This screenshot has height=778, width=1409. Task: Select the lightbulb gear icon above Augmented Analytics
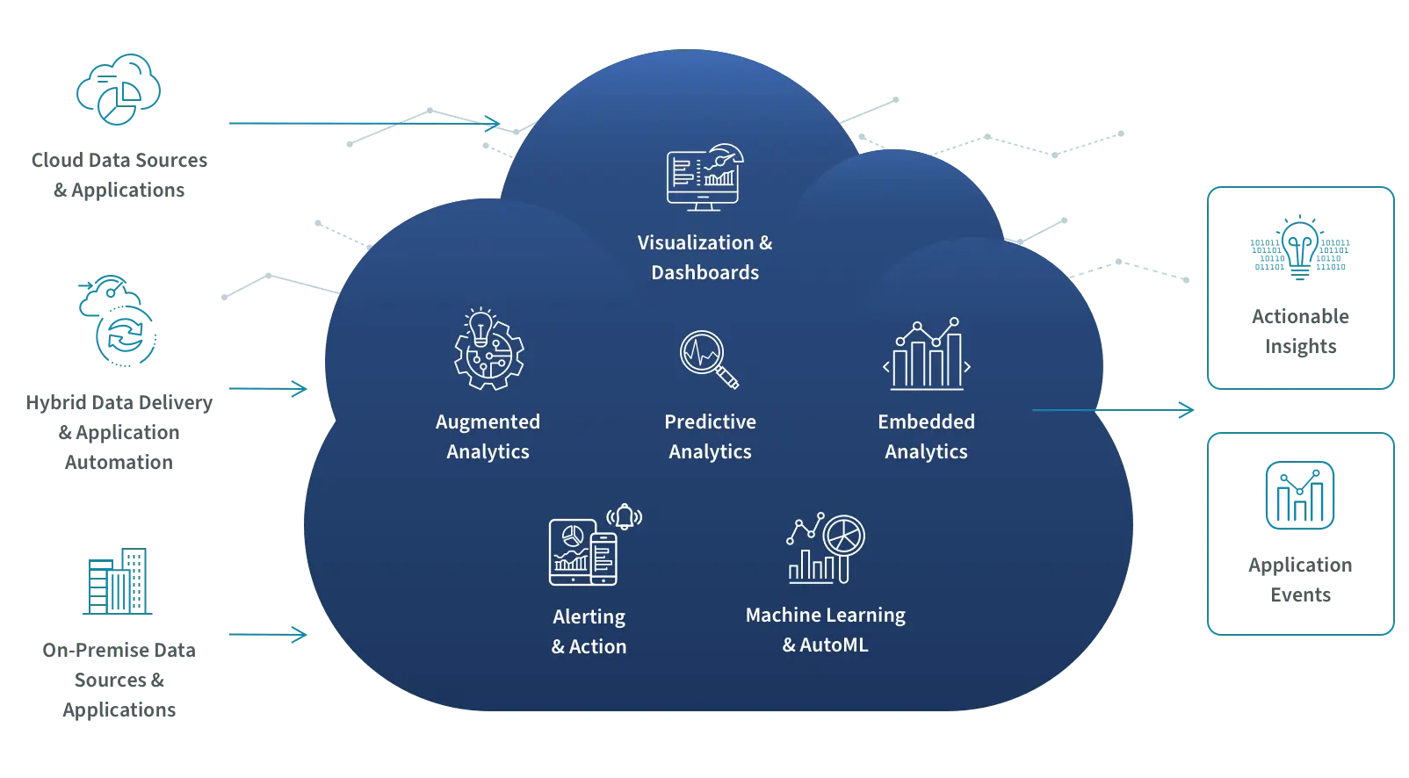coord(488,349)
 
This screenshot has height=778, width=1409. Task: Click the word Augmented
coord(488,422)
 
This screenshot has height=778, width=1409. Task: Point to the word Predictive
coord(710,421)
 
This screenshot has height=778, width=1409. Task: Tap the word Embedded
coord(926,421)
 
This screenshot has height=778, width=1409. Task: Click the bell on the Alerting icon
coord(625,516)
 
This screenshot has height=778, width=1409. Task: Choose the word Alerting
coord(589,616)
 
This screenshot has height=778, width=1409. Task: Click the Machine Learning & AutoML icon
coord(825,549)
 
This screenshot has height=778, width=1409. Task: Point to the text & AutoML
coord(825,645)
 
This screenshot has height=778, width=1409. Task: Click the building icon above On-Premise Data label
coord(118,581)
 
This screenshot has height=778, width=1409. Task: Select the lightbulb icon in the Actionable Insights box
coord(1299,248)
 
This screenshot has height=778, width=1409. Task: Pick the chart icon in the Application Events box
coord(1299,495)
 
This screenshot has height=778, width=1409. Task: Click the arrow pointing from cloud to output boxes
coord(1114,409)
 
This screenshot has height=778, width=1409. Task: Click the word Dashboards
coord(704,272)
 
